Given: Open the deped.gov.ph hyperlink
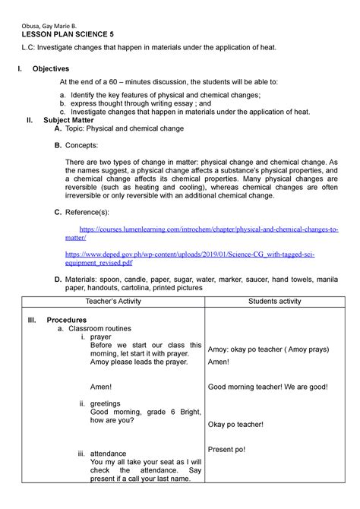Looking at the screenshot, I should point(197,258).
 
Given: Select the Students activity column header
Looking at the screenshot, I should point(269,302).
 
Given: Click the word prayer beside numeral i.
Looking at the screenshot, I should point(100,337).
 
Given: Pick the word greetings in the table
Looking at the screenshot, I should point(105,403).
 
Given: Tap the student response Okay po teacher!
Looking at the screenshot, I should point(235,424).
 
